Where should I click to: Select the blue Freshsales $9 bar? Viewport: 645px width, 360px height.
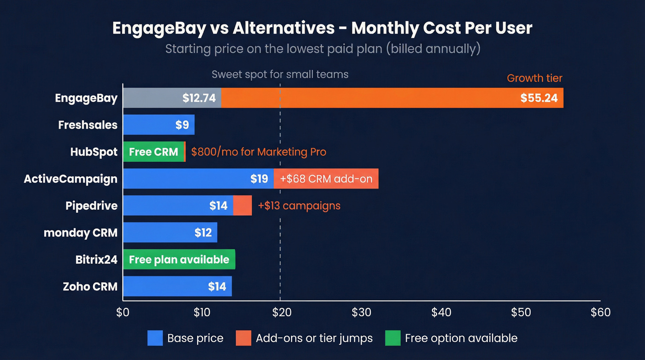tap(158, 125)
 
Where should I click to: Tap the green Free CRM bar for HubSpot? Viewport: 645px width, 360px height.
tap(153, 152)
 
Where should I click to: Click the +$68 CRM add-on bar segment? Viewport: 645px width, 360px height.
tap(326, 178)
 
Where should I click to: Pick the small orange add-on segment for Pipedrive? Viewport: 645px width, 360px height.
tap(242, 205)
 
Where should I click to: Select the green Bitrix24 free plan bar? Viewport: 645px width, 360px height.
tap(179, 260)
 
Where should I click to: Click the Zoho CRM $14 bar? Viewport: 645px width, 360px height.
tap(177, 286)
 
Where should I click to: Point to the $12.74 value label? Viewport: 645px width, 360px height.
tap(199, 98)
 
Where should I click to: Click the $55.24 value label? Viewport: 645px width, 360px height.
tap(539, 98)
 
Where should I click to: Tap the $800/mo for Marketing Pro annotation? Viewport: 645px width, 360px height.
tap(258, 152)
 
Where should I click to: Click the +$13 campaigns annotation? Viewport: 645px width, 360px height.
tap(299, 206)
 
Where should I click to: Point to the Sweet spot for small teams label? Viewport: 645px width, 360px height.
tap(280, 74)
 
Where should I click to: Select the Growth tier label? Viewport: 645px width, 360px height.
tap(534, 78)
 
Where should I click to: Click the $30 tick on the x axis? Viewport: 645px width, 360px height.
tap(361, 313)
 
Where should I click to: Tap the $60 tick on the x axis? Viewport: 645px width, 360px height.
tap(600, 313)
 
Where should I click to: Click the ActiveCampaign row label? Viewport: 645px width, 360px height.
tap(70, 179)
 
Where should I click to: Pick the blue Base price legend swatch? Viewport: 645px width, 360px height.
tap(155, 338)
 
